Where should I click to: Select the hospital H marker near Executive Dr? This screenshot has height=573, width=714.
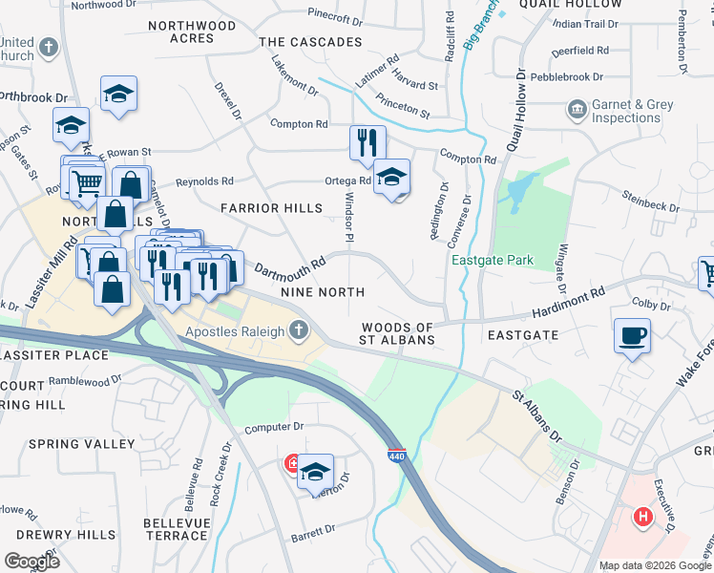[x=643, y=518]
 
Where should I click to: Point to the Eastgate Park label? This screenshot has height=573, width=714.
[x=492, y=261]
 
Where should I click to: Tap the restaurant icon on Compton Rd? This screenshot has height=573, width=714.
[x=367, y=143]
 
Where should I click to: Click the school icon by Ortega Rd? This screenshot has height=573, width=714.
[x=391, y=177]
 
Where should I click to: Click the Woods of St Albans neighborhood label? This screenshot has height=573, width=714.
[x=398, y=333]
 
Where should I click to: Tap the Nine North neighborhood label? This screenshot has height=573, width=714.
[x=322, y=291]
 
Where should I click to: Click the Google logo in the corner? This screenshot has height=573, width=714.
[x=31, y=561]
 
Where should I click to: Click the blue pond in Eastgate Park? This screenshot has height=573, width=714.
[x=521, y=192]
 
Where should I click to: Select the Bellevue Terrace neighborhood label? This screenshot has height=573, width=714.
[x=175, y=529]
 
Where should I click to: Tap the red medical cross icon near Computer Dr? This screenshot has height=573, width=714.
[x=292, y=465]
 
